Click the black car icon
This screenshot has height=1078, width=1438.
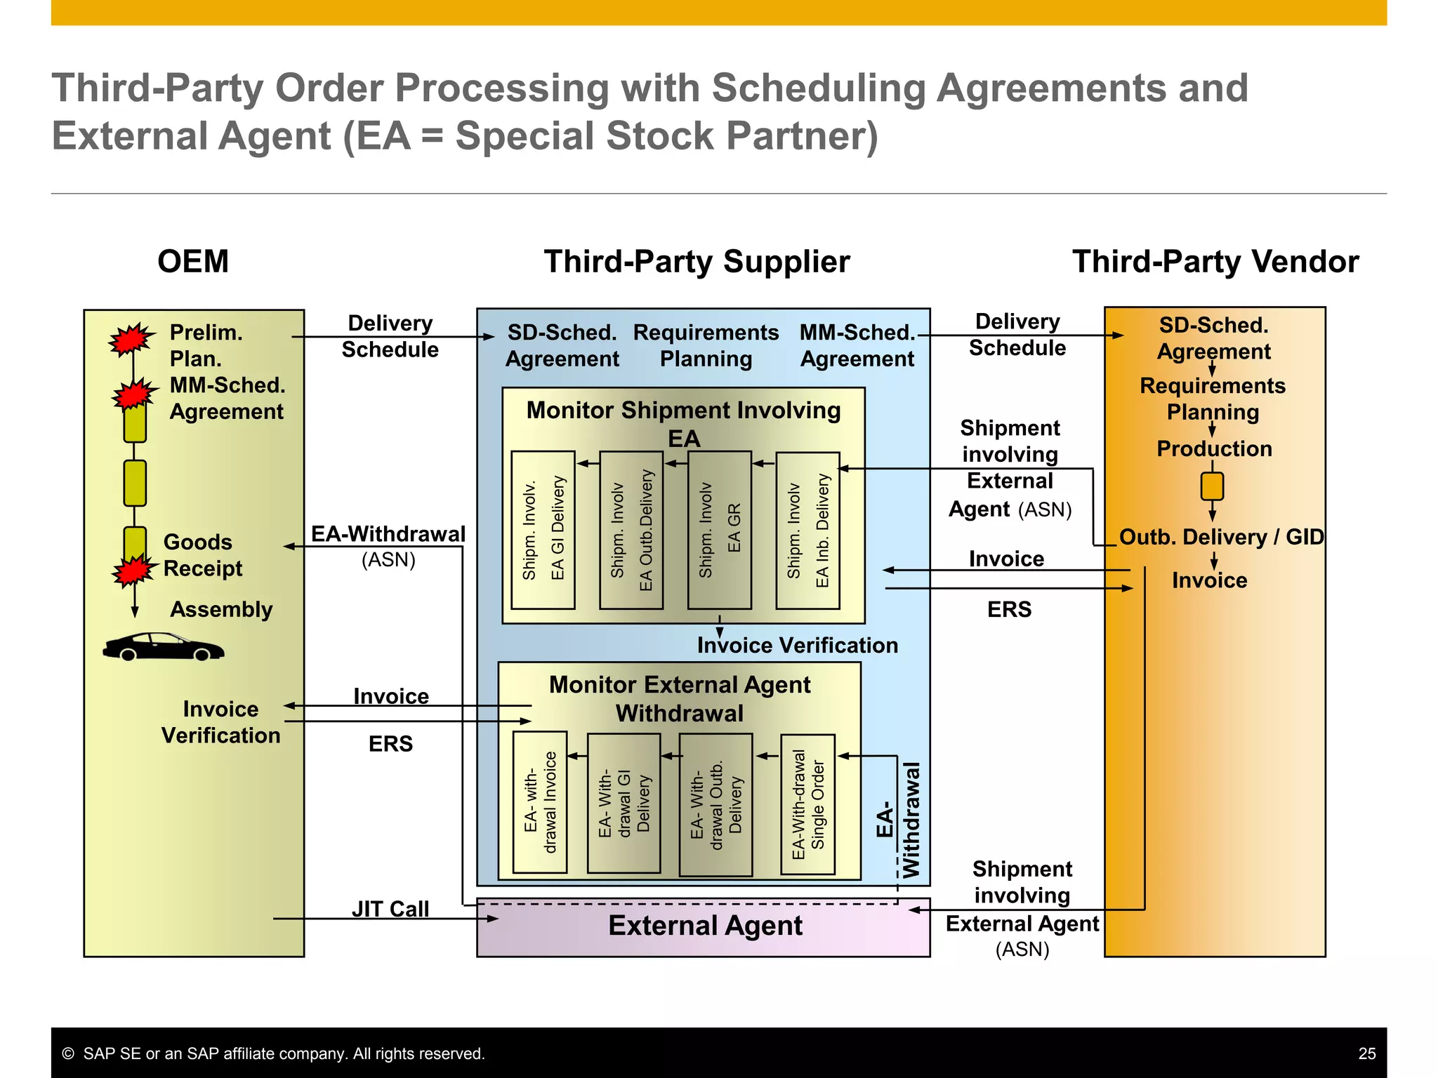(163, 646)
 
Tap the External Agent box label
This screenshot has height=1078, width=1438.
(705, 926)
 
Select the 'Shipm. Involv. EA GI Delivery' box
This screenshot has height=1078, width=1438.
(543, 530)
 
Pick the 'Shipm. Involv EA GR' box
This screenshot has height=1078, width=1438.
(719, 530)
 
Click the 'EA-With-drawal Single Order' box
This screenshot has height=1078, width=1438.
(807, 804)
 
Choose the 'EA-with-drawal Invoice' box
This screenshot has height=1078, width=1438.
(540, 802)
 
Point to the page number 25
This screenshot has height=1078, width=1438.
(1366, 1053)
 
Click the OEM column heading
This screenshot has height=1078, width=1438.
(193, 262)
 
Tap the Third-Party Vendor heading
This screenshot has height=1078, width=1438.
(1215, 262)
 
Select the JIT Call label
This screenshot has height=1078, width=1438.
(390, 909)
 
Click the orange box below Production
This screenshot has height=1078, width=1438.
(1212, 486)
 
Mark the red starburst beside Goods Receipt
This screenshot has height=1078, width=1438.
(133, 569)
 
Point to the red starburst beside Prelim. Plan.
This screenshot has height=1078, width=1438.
(131, 340)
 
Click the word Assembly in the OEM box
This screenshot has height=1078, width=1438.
(221, 609)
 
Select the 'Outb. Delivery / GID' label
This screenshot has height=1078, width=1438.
(1221, 537)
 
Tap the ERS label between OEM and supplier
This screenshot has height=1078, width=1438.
(390, 744)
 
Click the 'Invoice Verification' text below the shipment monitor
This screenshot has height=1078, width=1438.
(797, 645)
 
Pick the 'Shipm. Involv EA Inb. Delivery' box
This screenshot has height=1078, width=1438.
(807, 530)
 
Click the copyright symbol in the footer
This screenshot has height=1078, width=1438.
(68, 1053)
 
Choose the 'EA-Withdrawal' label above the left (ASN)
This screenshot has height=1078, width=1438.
(388, 534)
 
